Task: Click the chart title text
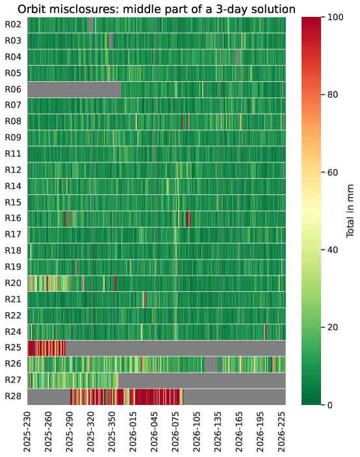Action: [x=157, y=9]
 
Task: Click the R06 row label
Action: [x=13, y=89]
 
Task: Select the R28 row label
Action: [x=13, y=397]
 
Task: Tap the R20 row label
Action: [x=13, y=283]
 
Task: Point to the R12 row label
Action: [x=13, y=170]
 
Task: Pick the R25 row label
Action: [x=13, y=348]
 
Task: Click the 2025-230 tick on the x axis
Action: [x=27, y=432]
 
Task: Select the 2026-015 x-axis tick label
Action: [x=133, y=432]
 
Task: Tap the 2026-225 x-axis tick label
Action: [x=281, y=432]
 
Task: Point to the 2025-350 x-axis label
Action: [x=112, y=432]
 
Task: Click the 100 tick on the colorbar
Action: [x=335, y=17]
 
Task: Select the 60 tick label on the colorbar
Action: [x=333, y=172]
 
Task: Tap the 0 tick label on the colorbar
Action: [x=330, y=405]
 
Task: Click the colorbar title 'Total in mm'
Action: [x=350, y=211]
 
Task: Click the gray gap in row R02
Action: [x=90, y=25]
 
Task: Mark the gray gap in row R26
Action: [x=211, y=364]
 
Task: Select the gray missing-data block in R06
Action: [x=74, y=90]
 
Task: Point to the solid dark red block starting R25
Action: [x=31, y=348]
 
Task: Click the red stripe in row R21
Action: [x=144, y=300]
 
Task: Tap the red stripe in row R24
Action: [x=265, y=332]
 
